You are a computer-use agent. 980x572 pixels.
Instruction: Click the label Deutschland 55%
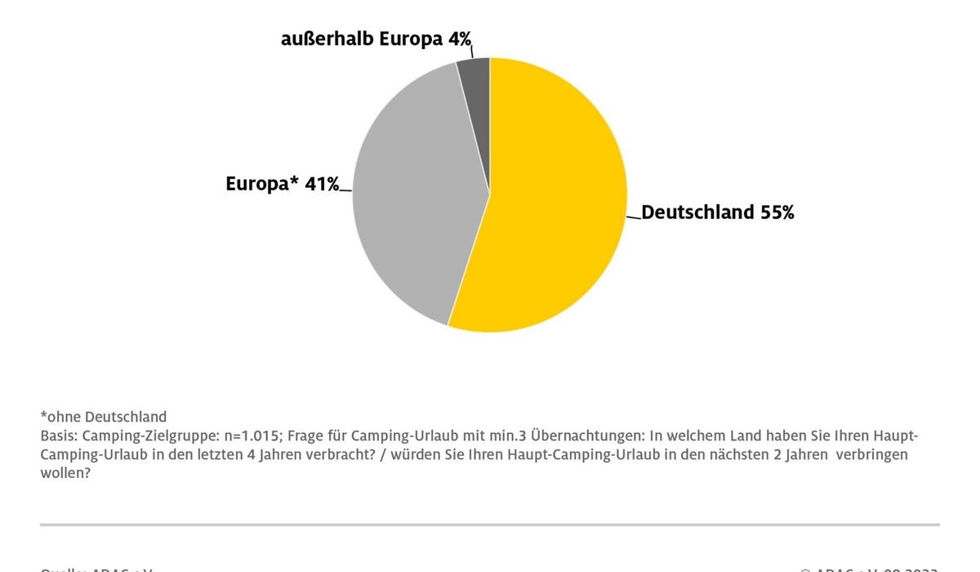point(717,212)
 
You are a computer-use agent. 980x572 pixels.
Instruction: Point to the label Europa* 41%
point(282,184)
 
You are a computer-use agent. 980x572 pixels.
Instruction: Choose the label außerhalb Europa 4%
point(376,39)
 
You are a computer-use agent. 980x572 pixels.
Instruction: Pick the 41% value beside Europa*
point(322,184)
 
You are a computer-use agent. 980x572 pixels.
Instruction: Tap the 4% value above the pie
point(458,39)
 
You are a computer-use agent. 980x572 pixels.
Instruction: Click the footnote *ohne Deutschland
point(103,417)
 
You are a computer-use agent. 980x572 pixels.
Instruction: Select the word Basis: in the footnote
point(59,436)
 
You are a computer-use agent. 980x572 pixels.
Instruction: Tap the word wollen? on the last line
point(65,473)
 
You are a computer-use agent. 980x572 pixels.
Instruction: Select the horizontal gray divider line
point(490,525)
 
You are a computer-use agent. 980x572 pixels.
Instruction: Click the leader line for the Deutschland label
point(634,217)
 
